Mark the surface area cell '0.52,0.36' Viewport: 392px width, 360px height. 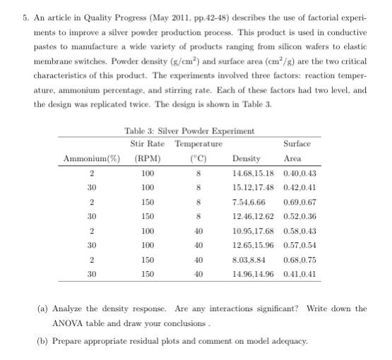297,215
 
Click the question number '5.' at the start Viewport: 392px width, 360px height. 7,8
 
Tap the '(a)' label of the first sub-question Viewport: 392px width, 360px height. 43,309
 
